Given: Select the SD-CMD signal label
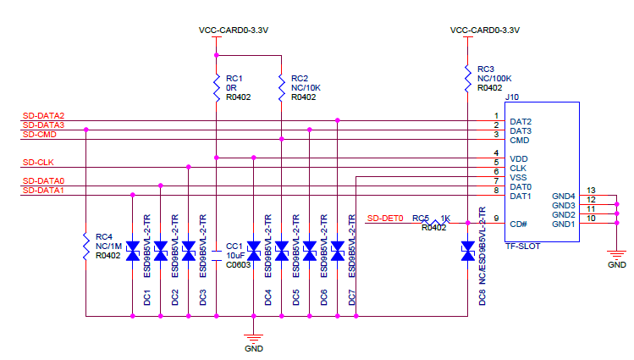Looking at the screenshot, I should [40, 134].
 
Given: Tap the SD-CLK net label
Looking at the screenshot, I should [39, 162].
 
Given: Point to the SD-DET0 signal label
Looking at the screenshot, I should [384, 219].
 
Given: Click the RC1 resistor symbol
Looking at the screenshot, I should [217, 83].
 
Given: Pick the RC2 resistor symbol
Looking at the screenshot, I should [281, 83].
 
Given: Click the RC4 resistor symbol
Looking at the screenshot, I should [86, 246].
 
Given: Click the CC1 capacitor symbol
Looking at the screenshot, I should [217, 250].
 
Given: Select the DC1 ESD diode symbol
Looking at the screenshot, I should [132, 250].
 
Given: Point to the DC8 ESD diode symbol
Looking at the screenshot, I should [467, 250].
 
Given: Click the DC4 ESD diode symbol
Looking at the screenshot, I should [253, 250].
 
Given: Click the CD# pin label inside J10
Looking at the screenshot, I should [517, 224].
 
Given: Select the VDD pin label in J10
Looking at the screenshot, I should [519, 158].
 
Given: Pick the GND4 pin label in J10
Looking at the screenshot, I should [564, 196].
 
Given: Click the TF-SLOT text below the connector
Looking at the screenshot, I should [522, 246].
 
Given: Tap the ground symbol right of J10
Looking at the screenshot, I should [618, 254].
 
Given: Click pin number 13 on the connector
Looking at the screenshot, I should [591, 191].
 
